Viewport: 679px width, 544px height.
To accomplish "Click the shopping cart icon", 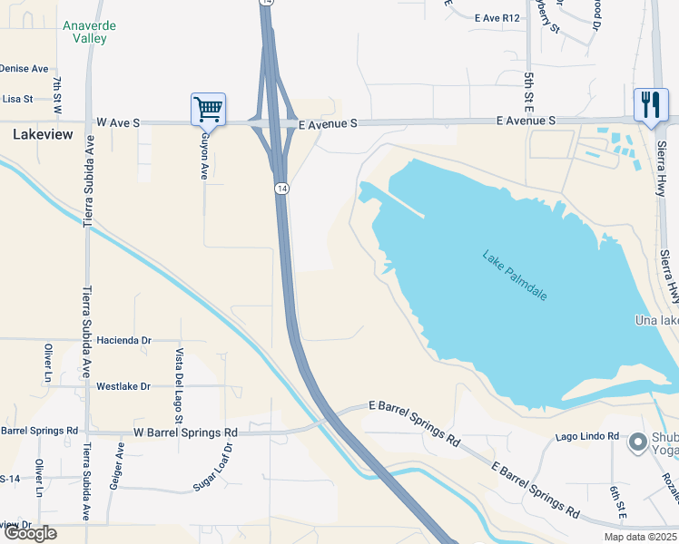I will tap(208, 110).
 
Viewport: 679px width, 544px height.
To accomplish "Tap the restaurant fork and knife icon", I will tap(650, 104).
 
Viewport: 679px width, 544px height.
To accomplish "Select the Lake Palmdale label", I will tap(515, 276).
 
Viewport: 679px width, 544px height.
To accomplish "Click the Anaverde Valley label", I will tap(89, 33).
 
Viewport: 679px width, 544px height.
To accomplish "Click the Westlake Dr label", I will tap(123, 386).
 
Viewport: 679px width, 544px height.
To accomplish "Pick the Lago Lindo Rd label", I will tap(587, 436).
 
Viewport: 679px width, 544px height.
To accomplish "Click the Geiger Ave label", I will tap(114, 467).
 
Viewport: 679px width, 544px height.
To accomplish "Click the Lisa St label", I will tap(17, 99).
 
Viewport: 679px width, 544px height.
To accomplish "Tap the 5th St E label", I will tap(527, 85).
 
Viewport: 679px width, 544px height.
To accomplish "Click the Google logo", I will tap(29, 533).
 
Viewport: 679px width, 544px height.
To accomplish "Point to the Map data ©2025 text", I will tap(641, 537).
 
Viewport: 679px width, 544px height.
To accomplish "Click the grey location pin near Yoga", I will tap(638, 442).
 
